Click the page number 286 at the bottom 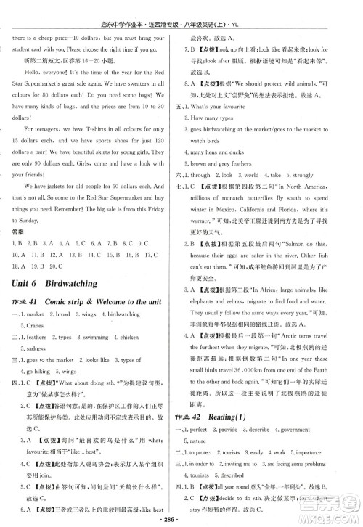[181, 520]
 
